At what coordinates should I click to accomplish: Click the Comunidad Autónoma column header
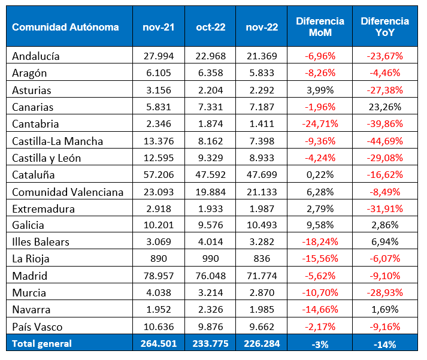tap(65, 27)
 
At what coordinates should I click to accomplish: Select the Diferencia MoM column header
tap(320, 27)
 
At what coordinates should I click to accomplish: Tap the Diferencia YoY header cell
tap(384, 27)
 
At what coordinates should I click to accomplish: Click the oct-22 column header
tap(210, 27)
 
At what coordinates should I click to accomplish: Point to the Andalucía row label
tap(36, 56)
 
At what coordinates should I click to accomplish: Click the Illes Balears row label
tap(41, 242)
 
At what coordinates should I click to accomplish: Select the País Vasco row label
tap(37, 327)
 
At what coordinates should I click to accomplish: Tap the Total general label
tap(42, 344)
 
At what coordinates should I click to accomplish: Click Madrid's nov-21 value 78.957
tap(159, 276)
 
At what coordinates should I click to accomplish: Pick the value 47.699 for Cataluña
tap(262, 176)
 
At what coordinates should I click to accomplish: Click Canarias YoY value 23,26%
tap(384, 107)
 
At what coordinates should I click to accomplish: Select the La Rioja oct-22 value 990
tap(210, 259)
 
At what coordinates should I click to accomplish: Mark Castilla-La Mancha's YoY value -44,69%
tap(384, 141)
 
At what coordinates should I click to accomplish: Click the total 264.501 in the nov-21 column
tap(159, 344)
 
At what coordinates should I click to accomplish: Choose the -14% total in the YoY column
tap(384, 344)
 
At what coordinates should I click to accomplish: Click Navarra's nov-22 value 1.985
tap(262, 310)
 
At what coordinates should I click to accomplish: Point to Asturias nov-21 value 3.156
tap(159, 90)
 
